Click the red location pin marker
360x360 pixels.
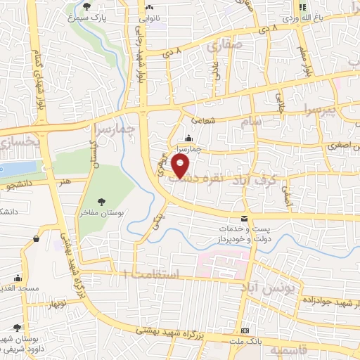coord(182,165)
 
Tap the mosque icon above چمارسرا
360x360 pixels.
coord(188,139)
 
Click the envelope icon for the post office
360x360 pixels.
coord(244,219)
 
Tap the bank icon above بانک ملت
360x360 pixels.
coord(244,330)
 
